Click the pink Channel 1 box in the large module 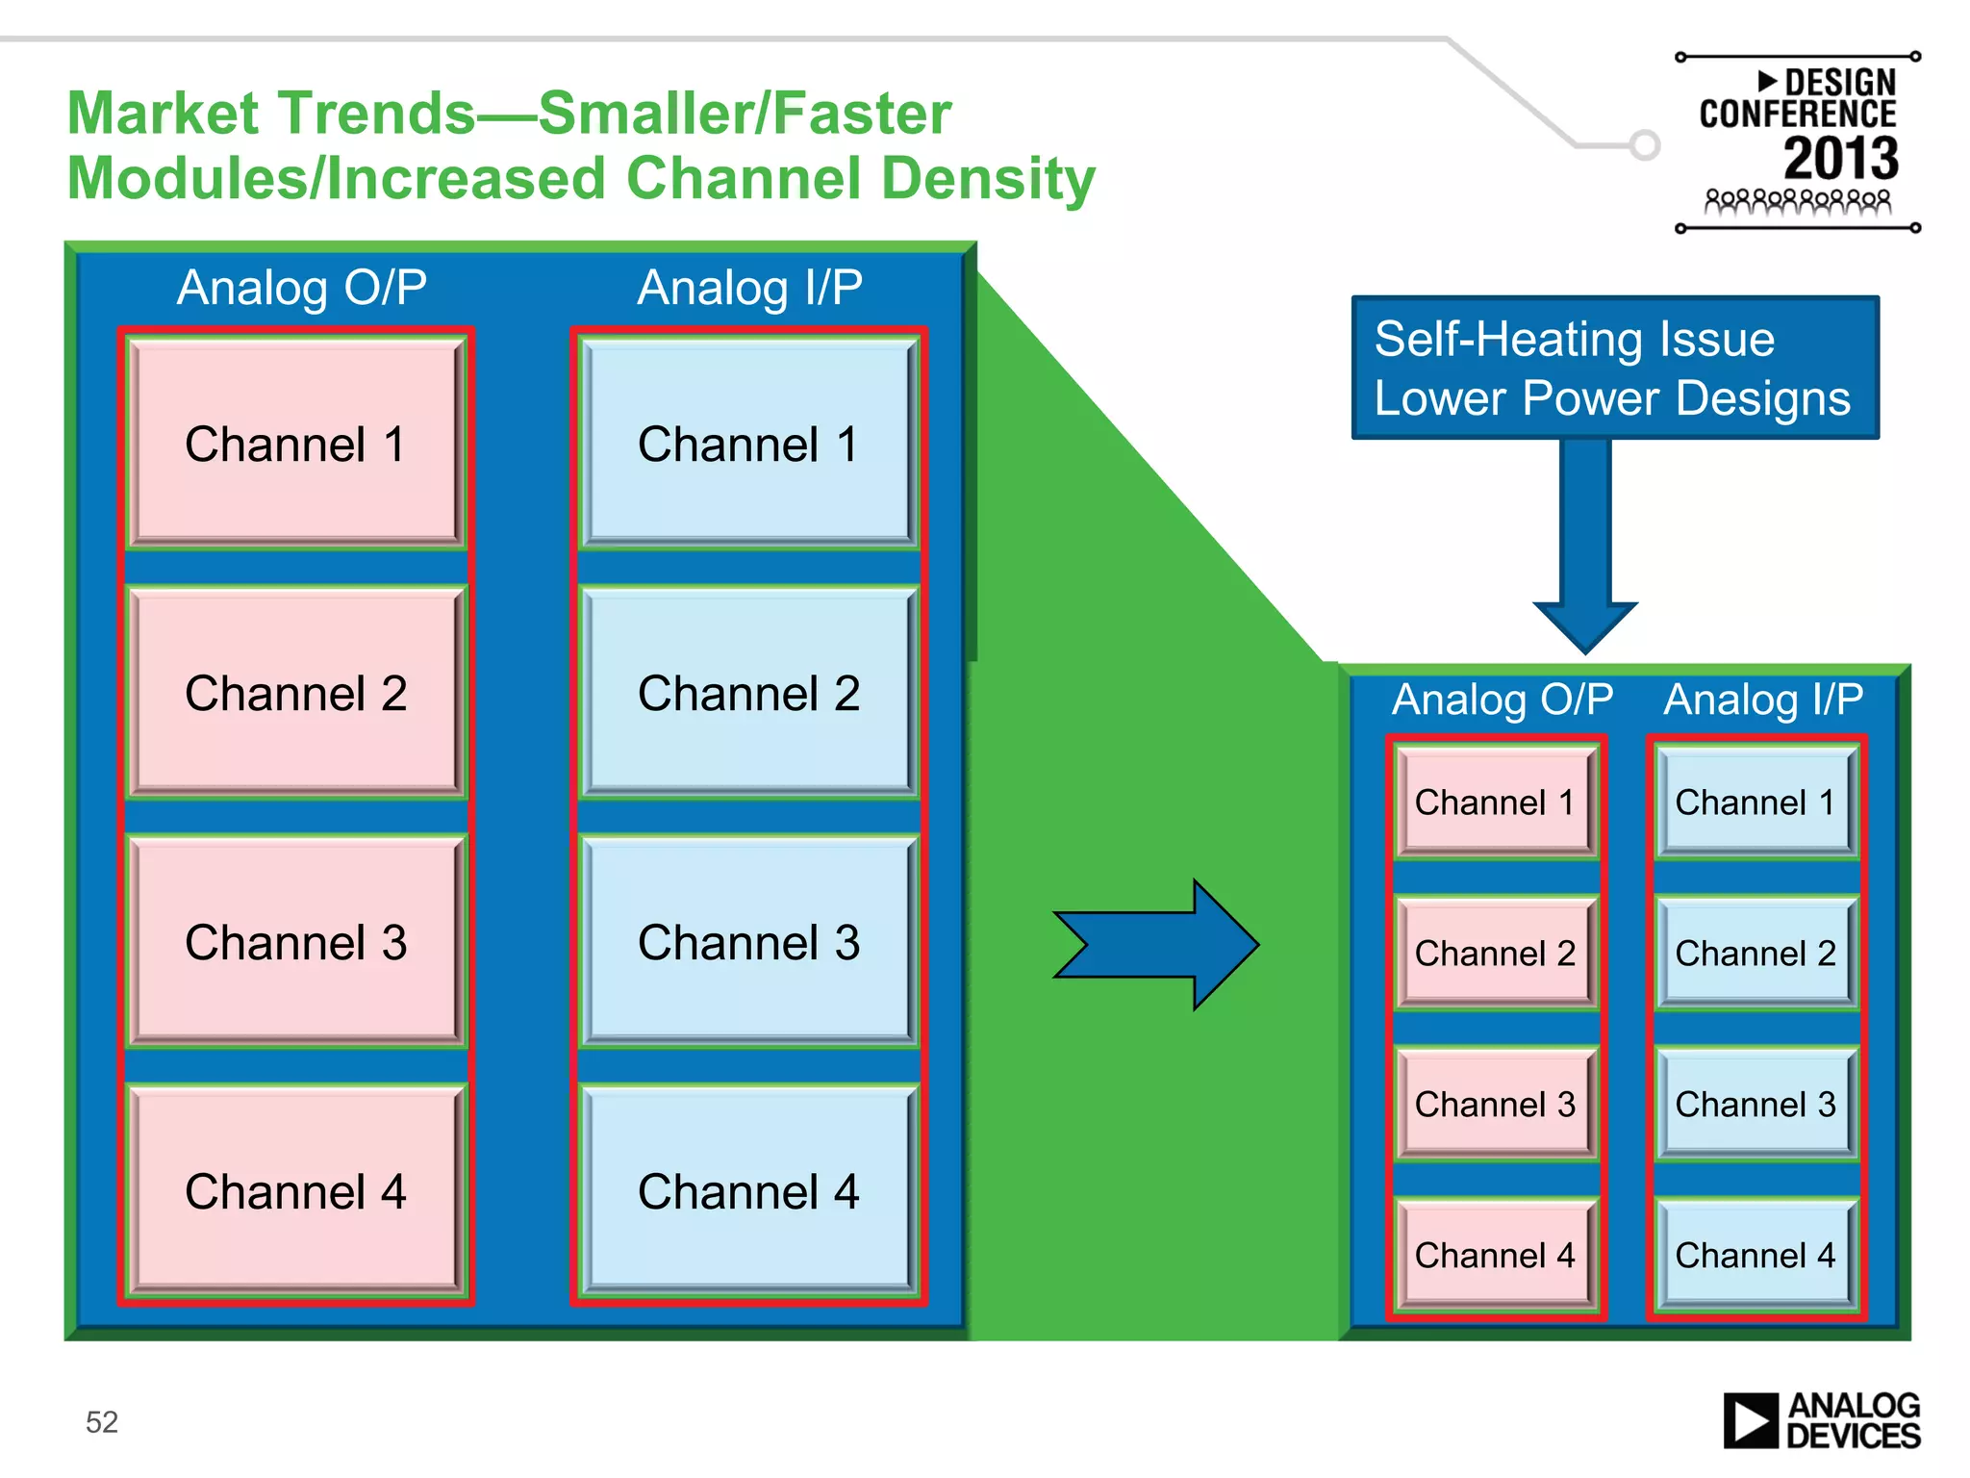pos(295,444)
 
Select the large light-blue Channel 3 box pos(748,942)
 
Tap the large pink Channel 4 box pos(295,1191)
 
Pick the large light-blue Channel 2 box pos(748,693)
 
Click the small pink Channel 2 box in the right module pos(1495,953)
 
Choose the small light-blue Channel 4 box pos(1755,1255)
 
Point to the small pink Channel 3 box pos(1495,1104)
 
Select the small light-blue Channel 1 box pos(1755,802)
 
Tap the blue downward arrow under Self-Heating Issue pos(1585,548)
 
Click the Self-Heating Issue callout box pos(1614,368)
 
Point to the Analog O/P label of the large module pos(302,287)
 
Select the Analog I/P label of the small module pos(1763,699)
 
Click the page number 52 pos(102,1421)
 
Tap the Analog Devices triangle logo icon pos(1750,1420)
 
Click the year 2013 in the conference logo pos(1840,159)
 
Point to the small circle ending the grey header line pos(1645,145)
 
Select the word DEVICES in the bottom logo pos(1853,1437)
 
